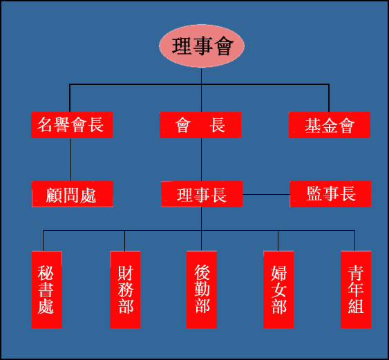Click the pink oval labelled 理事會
pyautogui.click(x=202, y=46)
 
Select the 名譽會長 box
pyautogui.click(x=72, y=125)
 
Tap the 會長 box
pyautogui.click(x=200, y=125)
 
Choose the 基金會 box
pyautogui.click(x=330, y=125)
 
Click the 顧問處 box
pyautogui.click(x=73, y=194)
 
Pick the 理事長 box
pyautogui.click(x=202, y=194)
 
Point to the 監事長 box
pyautogui.click(x=330, y=194)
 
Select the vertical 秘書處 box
pyautogui.click(x=47, y=290)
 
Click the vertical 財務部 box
pyautogui.click(x=125, y=290)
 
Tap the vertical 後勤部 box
pyautogui.click(x=202, y=290)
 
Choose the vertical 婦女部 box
pyautogui.click(x=278, y=290)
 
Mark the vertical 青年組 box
pyautogui.click(x=356, y=290)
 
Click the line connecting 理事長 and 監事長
pyautogui.click(x=266, y=195)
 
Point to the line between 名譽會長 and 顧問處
pyautogui.click(x=70, y=160)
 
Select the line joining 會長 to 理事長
pyautogui.click(x=201, y=160)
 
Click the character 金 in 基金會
pyautogui.click(x=330, y=125)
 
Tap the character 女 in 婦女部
pyautogui.click(x=278, y=290)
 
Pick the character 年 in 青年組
pyautogui.click(x=356, y=290)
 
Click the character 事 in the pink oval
pyautogui.click(x=203, y=46)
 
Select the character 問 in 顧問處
pyautogui.click(x=71, y=195)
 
